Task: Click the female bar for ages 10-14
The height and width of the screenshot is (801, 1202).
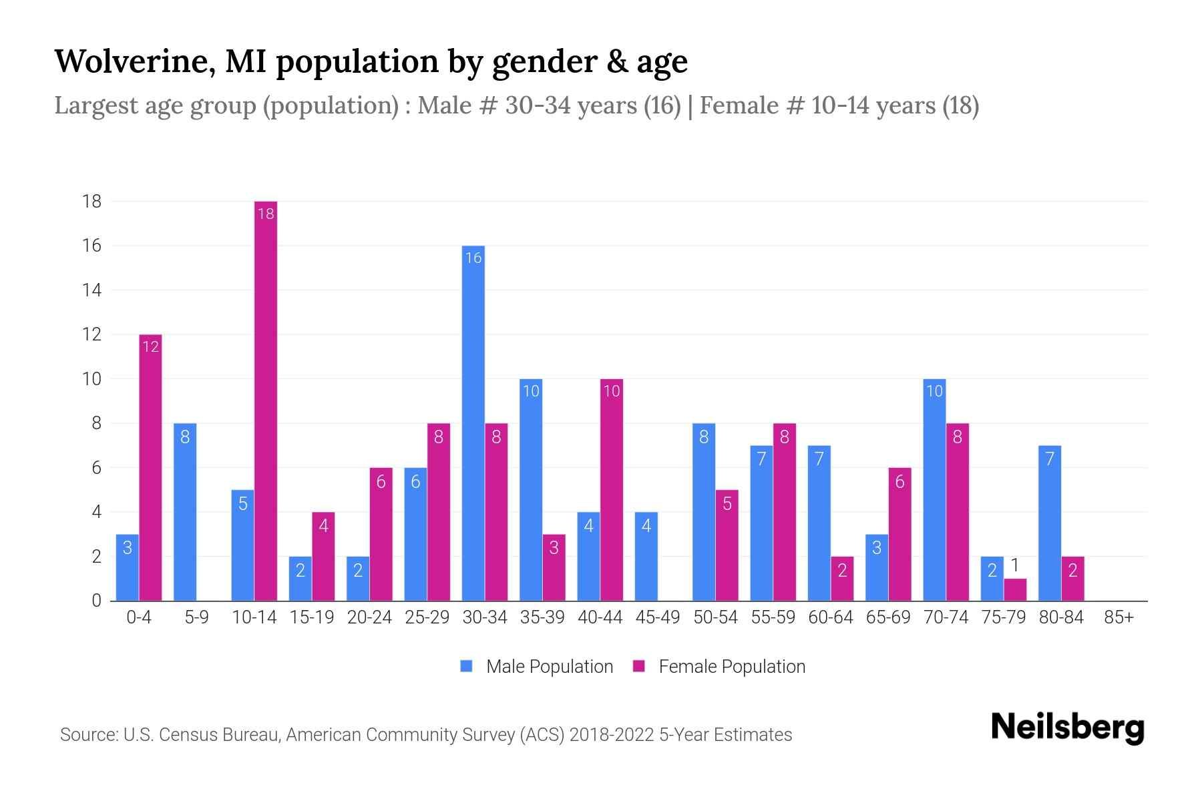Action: coord(266,400)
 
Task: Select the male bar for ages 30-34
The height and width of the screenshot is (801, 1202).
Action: coord(473,423)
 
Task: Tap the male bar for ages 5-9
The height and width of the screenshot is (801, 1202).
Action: coord(185,512)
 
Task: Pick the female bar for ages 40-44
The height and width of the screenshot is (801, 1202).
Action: coord(612,490)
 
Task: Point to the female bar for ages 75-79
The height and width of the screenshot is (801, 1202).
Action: coord(1015,590)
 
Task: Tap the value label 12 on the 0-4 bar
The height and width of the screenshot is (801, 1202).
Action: coord(151,346)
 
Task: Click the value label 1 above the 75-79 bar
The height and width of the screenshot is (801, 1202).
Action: coord(1015,566)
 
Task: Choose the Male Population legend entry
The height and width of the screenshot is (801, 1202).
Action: coord(536,666)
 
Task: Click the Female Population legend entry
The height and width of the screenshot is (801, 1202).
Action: coord(719,666)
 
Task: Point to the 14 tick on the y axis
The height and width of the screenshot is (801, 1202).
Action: coord(91,290)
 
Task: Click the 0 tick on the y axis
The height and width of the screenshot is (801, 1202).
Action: coord(97,600)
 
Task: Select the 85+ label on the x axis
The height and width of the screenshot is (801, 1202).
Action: coord(1119,617)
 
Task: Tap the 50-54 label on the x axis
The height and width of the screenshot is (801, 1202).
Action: coord(715,617)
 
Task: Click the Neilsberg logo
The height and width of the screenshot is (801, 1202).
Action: coord(1067,728)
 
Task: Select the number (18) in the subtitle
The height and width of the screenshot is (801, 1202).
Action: coord(960,105)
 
